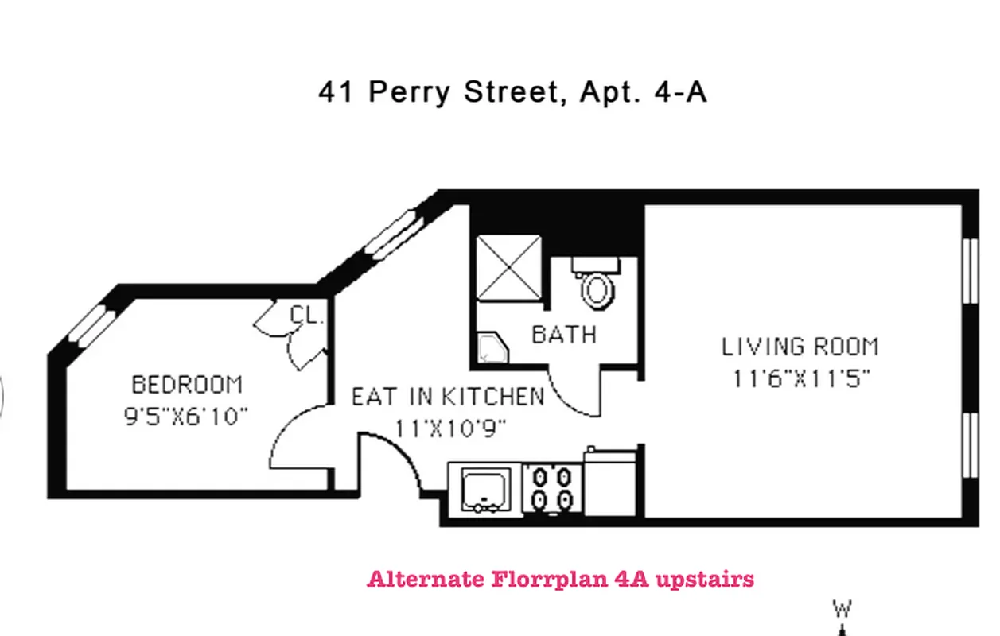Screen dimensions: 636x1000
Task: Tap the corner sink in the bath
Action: (492, 348)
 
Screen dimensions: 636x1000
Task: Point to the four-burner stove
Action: (552, 487)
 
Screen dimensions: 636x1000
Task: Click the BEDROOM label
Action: (187, 386)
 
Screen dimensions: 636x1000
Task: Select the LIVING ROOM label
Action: (800, 347)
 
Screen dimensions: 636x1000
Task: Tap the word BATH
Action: (564, 335)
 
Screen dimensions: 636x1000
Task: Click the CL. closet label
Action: (307, 315)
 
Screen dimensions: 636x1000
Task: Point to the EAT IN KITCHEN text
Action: (448, 396)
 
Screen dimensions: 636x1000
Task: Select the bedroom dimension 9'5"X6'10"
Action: (187, 416)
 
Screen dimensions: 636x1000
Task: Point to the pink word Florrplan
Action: (550, 578)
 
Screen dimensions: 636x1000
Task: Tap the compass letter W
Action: (842, 610)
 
